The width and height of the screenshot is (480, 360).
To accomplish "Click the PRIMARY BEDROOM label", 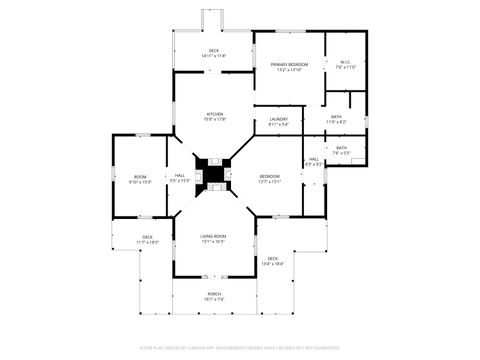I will [x=289, y=65].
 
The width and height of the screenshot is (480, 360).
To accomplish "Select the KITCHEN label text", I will [x=214, y=113].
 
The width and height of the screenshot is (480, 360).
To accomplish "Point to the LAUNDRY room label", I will [x=279, y=120].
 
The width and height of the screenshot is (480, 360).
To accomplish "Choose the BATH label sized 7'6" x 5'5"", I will [x=342, y=148].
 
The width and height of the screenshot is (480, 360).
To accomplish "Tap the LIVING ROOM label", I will [x=213, y=236].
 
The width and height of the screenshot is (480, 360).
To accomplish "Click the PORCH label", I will [x=214, y=294].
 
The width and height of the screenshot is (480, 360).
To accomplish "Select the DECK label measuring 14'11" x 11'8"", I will [x=213, y=51].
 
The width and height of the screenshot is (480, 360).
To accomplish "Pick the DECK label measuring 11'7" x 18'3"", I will [x=147, y=237].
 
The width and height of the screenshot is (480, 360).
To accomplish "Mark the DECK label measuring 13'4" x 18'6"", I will [x=272, y=259].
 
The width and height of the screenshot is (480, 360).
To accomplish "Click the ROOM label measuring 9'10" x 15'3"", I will [x=140, y=177].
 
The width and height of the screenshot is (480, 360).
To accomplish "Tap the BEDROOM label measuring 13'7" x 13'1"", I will [x=270, y=177].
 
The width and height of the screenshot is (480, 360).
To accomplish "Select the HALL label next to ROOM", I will [x=180, y=176].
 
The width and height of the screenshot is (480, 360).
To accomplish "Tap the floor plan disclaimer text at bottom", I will [x=240, y=348].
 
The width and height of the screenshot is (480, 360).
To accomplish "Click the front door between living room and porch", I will [x=213, y=276].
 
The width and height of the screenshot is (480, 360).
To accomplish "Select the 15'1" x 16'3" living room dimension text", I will [x=213, y=242].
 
